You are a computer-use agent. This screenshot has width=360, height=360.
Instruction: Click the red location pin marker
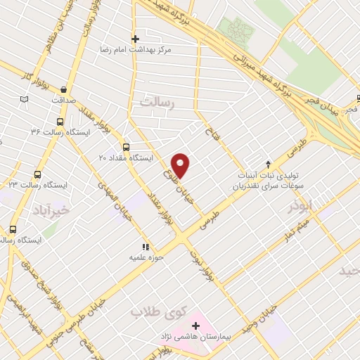point(181,165)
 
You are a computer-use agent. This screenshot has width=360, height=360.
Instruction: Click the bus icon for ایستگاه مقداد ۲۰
point(126,147)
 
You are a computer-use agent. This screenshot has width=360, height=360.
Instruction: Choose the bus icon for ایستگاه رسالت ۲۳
point(37,174)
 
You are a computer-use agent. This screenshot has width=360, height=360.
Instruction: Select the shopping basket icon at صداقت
point(64,89)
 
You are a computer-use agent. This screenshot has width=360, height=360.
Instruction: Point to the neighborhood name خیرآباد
point(52,210)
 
